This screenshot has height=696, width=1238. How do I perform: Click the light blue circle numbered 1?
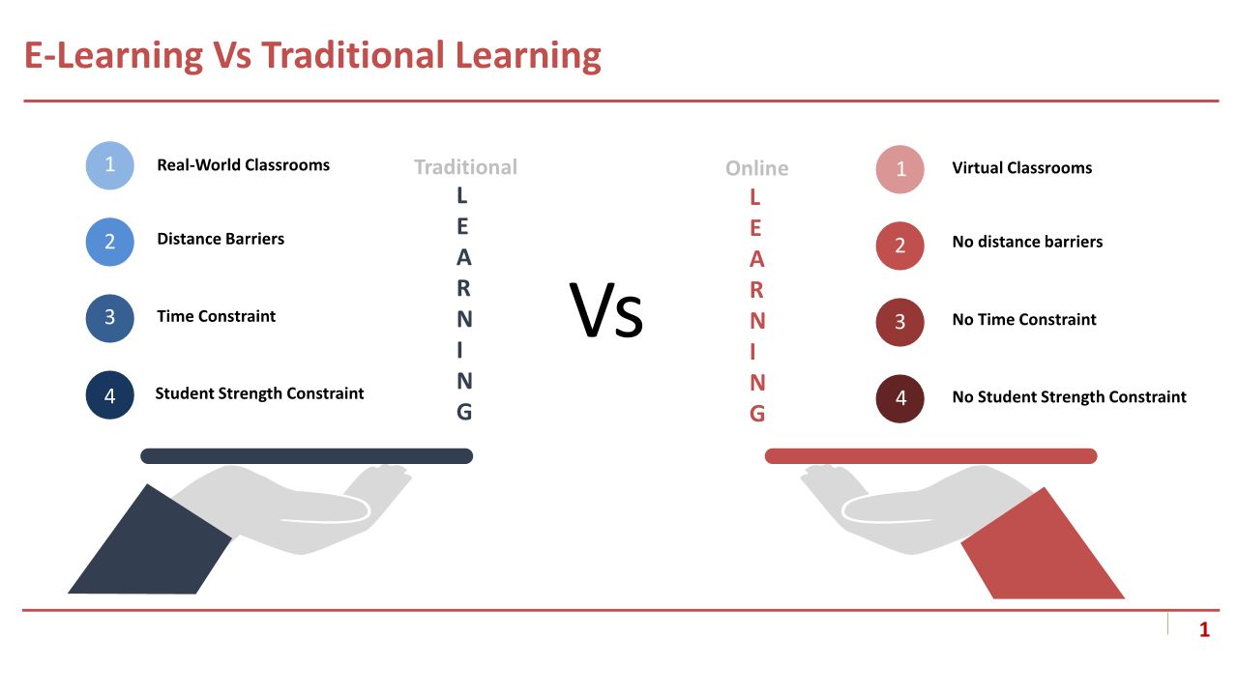[x=109, y=165]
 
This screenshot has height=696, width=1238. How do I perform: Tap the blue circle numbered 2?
[x=109, y=242]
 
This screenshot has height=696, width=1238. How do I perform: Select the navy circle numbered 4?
[x=109, y=395]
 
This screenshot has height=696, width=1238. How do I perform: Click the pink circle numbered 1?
[x=899, y=169]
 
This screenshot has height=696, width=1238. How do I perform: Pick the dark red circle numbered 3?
[x=899, y=322]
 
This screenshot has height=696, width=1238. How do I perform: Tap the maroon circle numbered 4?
[x=899, y=399]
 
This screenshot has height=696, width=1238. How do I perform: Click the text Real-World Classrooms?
[x=243, y=165]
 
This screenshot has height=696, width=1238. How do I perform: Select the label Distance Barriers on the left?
[x=221, y=239]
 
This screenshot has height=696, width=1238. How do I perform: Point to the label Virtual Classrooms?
[x=1022, y=168]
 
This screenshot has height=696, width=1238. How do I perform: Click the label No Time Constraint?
[x=1024, y=319]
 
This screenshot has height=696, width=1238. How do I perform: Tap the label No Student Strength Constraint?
[x=1069, y=396]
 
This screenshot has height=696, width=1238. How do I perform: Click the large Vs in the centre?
[x=606, y=310]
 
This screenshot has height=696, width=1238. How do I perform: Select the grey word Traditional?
[x=466, y=167]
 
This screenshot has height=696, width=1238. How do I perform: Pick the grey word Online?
[x=756, y=168]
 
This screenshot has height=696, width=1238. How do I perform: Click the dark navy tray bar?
[x=307, y=456]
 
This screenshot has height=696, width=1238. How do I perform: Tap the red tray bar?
[x=930, y=456]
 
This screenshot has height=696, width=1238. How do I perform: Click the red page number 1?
[x=1204, y=629]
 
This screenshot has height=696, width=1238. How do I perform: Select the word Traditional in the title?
[x=353, y=55]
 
